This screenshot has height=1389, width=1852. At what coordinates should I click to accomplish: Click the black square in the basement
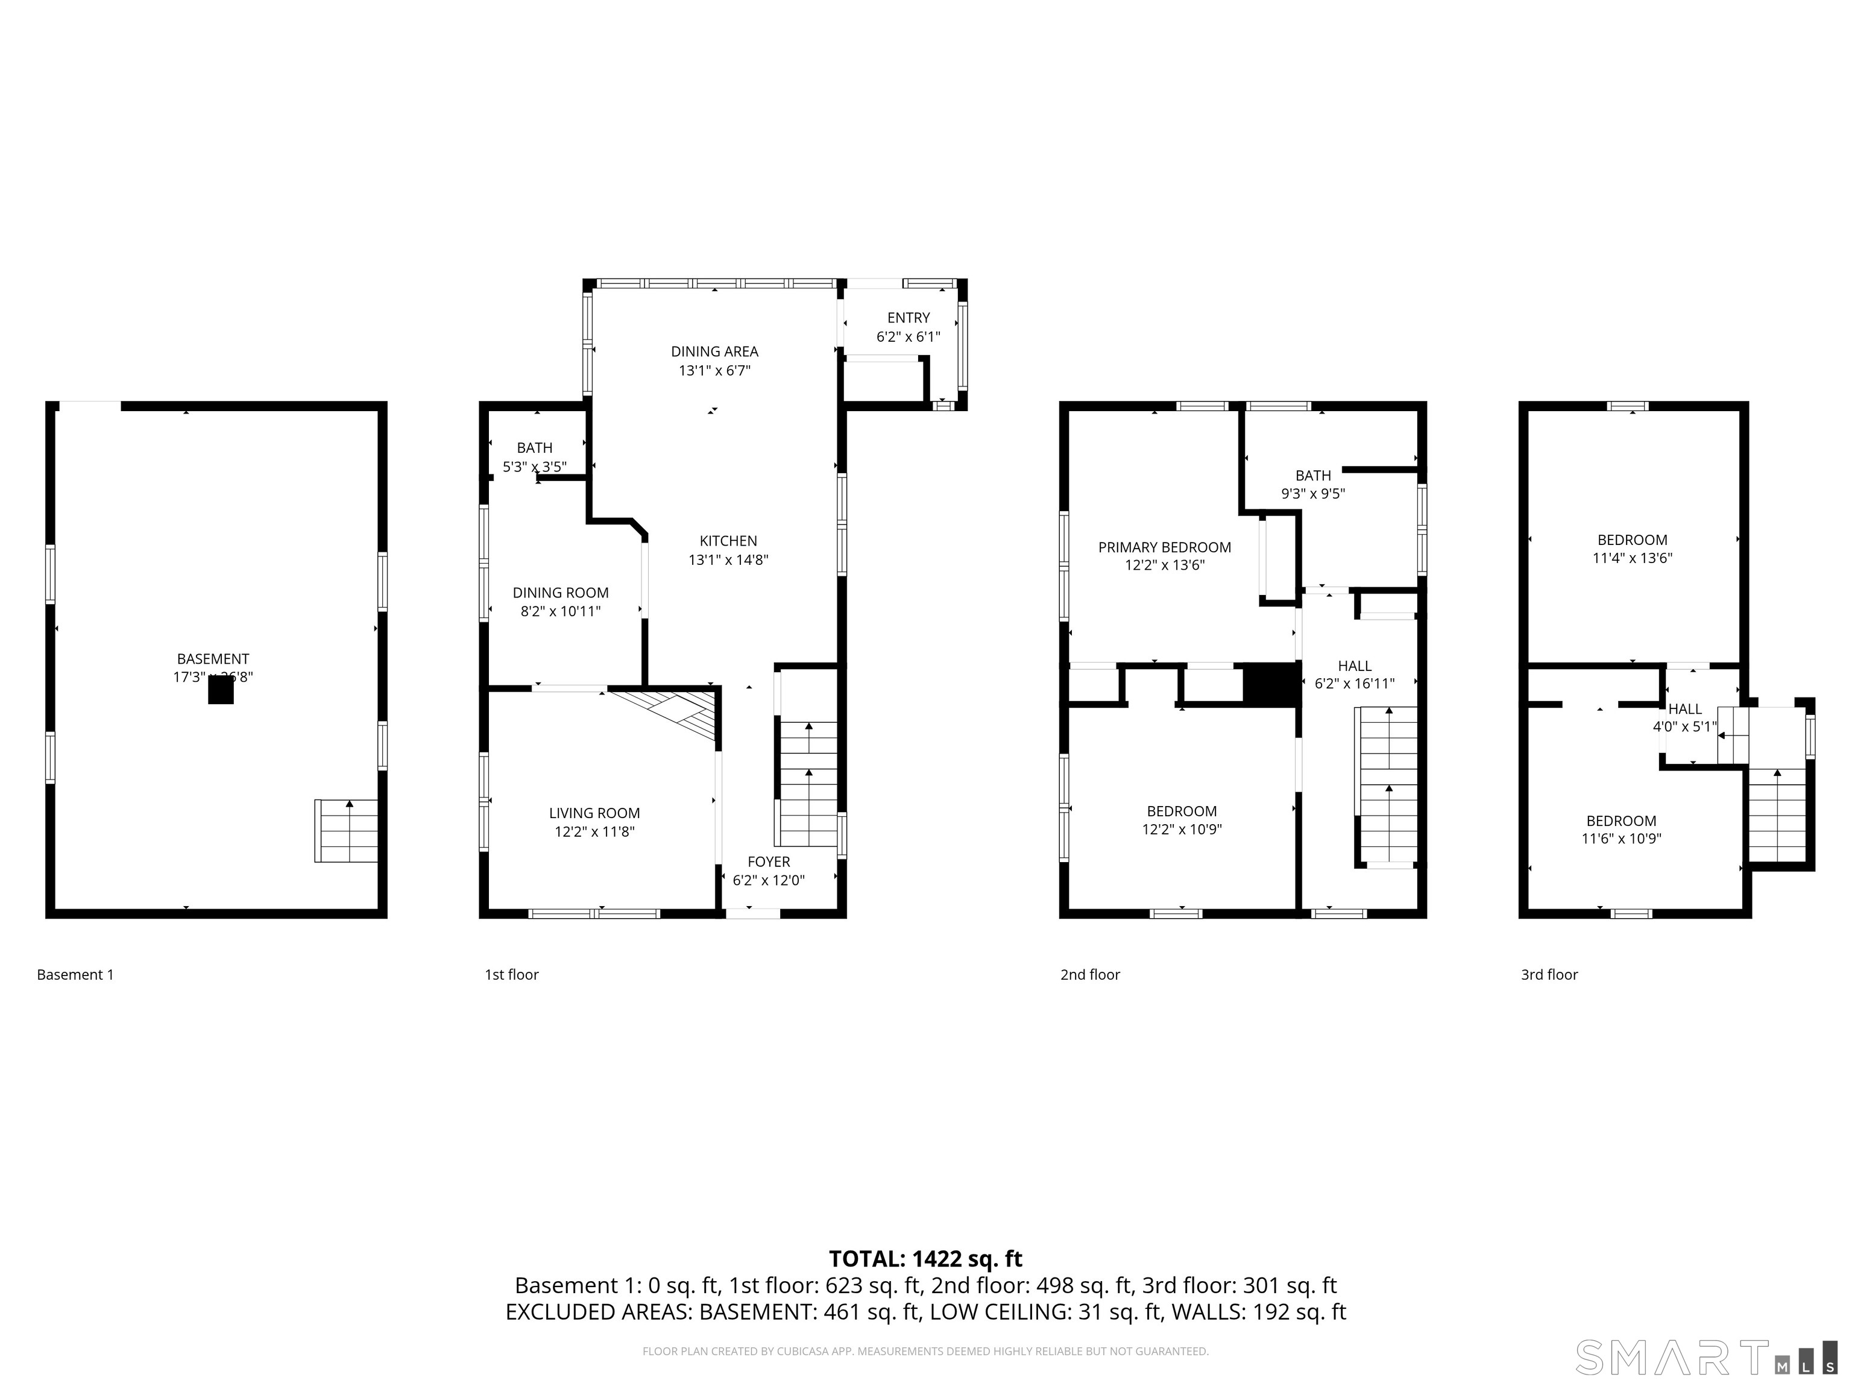click(x=220, y=690)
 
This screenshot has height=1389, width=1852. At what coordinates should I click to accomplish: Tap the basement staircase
click(x=346, y=831)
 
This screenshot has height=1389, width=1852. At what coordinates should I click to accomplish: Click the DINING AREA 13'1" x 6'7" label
click(x=714, y=361)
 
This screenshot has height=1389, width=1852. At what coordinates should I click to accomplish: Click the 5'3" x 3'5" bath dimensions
click(x=534, y=467)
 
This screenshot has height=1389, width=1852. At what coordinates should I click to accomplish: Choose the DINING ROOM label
click(x=560, y=593)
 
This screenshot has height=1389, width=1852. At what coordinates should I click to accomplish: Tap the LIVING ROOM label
click(x=594, y=813)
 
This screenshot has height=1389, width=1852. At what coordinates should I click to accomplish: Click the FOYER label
click(x=768, y=861)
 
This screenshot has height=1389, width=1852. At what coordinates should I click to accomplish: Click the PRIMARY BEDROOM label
click(x=1164, y=547)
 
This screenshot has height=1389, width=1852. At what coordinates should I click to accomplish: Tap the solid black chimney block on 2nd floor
click(x=1270, y=684)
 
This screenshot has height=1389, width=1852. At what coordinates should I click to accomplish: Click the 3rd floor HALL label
click(x=1684, y=709)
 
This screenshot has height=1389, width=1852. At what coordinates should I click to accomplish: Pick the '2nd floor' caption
click(x=1089, y=975)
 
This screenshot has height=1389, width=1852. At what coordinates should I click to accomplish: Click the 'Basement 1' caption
click(x=75, y=975)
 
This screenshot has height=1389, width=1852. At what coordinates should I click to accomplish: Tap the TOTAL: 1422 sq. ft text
click(x=925, y=1259)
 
